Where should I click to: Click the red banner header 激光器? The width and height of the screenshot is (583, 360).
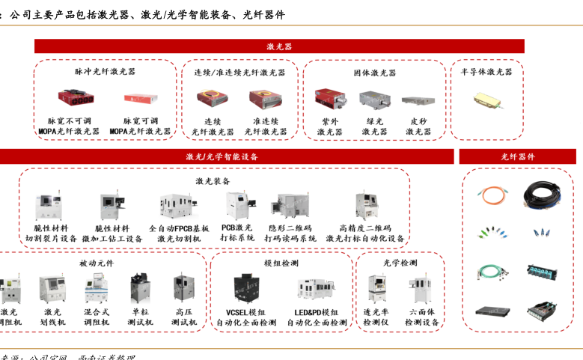pyautogui.click(x=278, y=46)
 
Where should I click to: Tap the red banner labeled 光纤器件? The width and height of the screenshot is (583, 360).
pyautogui.click(x=517, y=156)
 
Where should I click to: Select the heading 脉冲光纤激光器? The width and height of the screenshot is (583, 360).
pyautogui.click(x=105, y=72)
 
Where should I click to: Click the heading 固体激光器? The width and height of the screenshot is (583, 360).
pyautogui.click(x=374, y=73)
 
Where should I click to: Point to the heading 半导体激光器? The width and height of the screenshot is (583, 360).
pyautogui.click(x=486, y=72)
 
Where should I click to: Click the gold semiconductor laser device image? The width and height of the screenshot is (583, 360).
pyautogui.click(x=486, y=100)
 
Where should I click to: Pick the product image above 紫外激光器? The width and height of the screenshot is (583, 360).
pyautogui.click(x=330, y=99)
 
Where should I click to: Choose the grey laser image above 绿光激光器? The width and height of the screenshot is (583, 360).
pyautogui.click(x=374, y=100)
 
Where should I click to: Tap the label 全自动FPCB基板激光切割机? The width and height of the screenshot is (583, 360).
pyautogui.click(x=179, y=233)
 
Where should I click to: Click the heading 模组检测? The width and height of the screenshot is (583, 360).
pyautogui.click(x=281, y=263)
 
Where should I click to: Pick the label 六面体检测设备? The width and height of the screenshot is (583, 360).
pyautogui.click(x=421, y=317)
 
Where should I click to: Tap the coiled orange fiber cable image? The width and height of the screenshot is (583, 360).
pyautogui.click(x=493, y=194)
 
